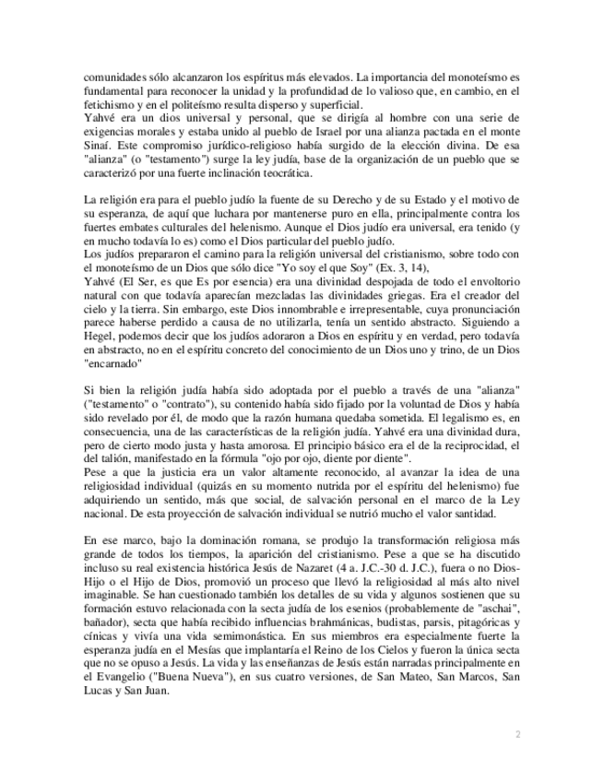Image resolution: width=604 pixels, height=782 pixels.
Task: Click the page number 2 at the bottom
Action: pos(518,734)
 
